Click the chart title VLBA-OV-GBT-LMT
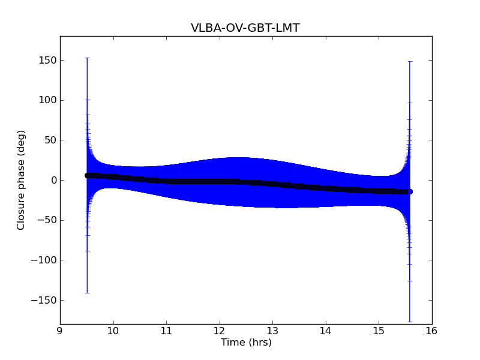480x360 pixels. (x=245, y=28)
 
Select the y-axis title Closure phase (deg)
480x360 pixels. (x=22, y=180)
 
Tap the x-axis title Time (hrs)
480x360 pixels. (x=246, y=343)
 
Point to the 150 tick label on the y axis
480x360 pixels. (x=46, y=60)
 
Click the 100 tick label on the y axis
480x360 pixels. (x=46, y=100)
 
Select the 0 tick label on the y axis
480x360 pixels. (x=53, y=180)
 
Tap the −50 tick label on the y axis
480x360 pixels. (x=46, y=220)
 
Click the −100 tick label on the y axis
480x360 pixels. (x=43, y=260)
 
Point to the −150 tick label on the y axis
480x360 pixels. (x=43, y=300)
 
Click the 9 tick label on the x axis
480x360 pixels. (x=60, y=331)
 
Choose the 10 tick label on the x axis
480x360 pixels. (x=113, y=331)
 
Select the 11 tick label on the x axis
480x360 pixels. (x=166, y=331)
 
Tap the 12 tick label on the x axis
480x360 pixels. (x=220, y=331)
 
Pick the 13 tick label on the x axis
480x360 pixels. (x=272, y=331)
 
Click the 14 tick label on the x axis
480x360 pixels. (x=326, y=331)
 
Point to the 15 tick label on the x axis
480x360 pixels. (x=379, y=331)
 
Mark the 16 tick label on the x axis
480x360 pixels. (x=432, y=331)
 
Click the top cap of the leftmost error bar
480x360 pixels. (x=87, y=58)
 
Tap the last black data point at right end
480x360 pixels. (x=410, y=191)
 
